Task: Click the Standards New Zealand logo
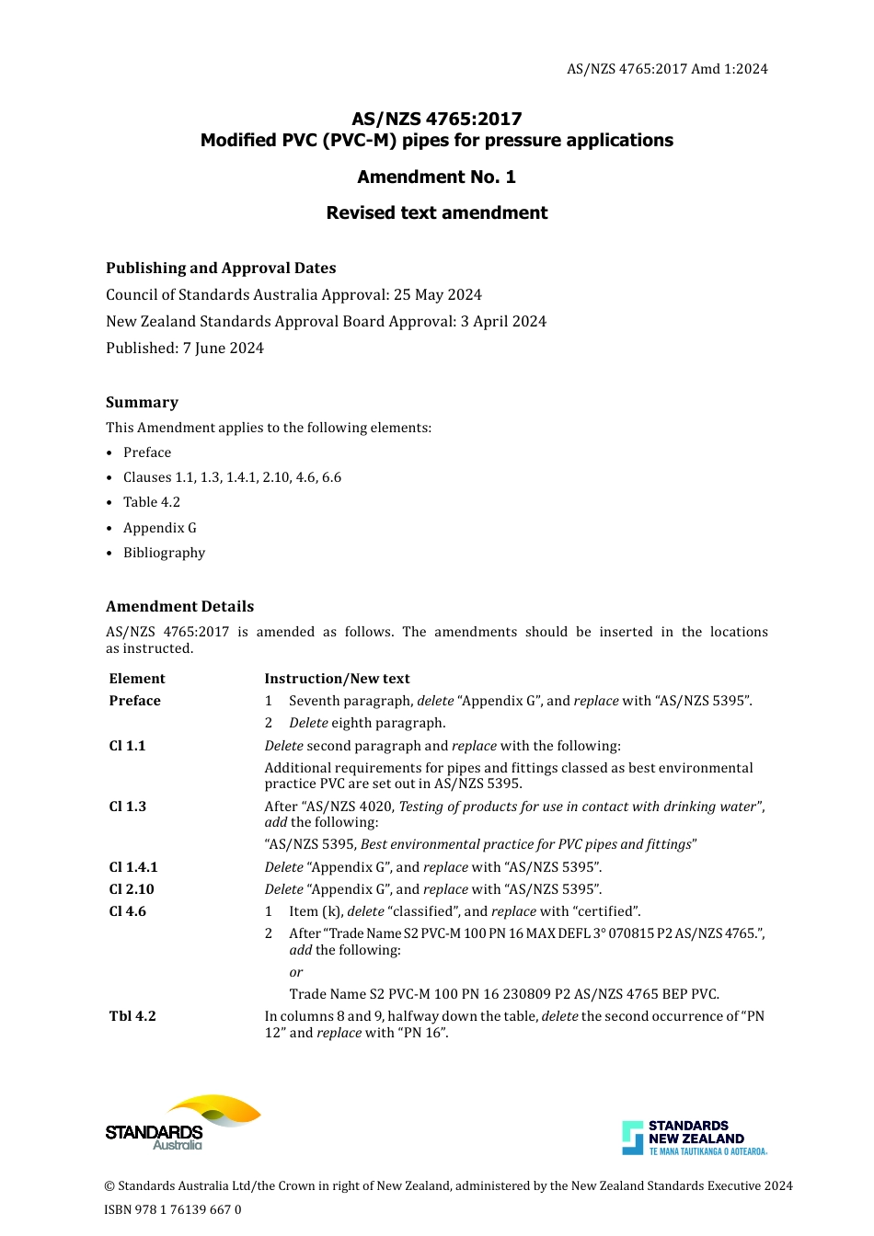click(694, 1138)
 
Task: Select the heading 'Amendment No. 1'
click(436, 177)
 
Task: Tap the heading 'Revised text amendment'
click(436, 212)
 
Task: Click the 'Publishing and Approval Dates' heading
click(221, 268)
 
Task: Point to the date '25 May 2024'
click(438, 294)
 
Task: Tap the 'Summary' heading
click(142, 402)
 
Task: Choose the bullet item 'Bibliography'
click(164, 553)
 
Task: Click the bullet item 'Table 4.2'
click(152, 502)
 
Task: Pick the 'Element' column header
click(137, 679)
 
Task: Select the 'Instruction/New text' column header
click(337, 679)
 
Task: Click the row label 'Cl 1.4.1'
click(133, 867)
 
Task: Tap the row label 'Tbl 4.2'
click(132, 1016)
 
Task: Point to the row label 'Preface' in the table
click(134, 701)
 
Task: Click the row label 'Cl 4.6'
click(127, 911)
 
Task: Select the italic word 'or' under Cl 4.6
click(295, 972)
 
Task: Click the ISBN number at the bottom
click(173, 1209)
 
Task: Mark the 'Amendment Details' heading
click(179, 606)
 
